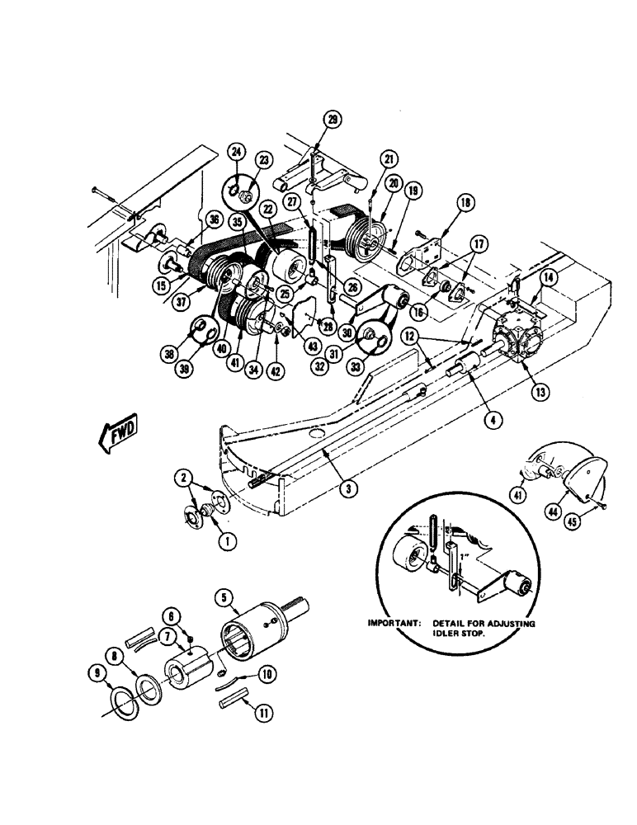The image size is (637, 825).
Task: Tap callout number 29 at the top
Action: pyautogui.click(x=332, y=120)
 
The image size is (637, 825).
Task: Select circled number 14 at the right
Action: pyautogui.click(x=550, y=278)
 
